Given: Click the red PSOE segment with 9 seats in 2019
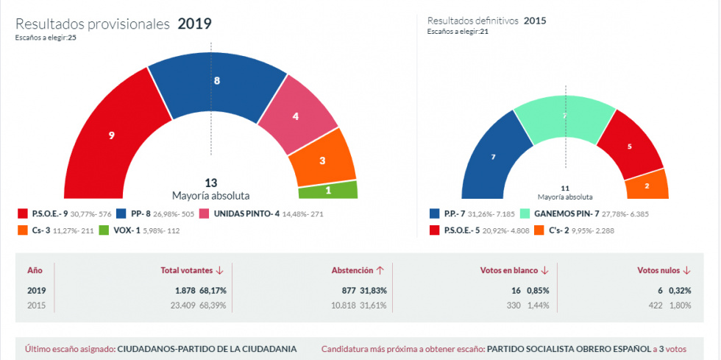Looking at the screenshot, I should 110,135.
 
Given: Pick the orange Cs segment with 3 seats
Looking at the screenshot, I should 322,160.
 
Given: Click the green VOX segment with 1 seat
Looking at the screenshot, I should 328,190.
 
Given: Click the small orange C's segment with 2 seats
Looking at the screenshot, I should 647,186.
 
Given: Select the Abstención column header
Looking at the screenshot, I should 358,270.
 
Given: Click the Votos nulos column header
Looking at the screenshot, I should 664,270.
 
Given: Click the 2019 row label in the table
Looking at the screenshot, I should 37,291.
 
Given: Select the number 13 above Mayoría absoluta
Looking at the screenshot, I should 210,183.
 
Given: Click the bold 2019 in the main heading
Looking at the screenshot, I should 194,24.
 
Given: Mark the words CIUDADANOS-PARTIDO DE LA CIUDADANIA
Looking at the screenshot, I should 207,348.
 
